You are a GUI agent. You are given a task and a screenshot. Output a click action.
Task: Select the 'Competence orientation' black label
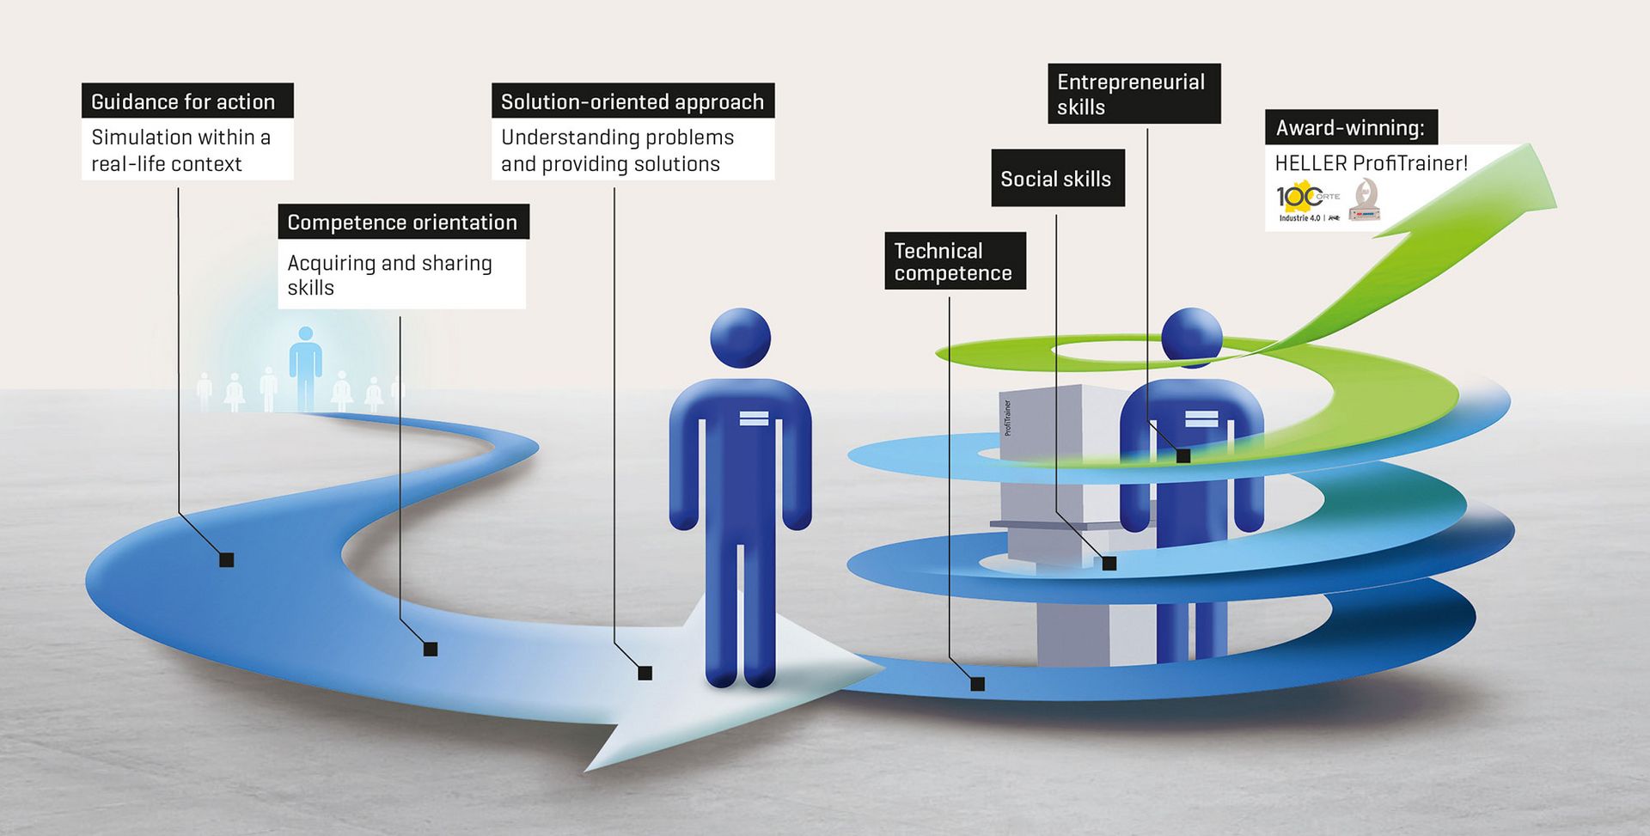[x=403, y=222]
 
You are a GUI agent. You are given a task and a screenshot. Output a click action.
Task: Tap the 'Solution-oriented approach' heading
[x=632, y=101]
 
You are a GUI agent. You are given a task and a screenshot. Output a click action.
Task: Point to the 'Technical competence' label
[x=955, y=261]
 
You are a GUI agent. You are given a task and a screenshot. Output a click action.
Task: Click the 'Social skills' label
[x=1057, y=179]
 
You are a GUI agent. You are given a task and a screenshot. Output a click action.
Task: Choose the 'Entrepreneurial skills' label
[x=1134, y=94]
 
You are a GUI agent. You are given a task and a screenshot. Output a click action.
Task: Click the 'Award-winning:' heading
[x=1350, y=128]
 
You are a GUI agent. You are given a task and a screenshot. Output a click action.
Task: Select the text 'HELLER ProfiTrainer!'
[x=1371, y=163]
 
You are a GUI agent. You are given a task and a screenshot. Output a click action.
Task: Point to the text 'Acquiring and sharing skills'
[x=390, y=275]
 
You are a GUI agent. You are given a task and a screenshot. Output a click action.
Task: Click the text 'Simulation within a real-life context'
[x=181, y=150]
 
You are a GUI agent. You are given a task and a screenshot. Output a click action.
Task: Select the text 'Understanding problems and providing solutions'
[x=617, y=150]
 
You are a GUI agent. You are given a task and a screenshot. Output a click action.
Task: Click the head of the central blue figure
[x=740, y=338]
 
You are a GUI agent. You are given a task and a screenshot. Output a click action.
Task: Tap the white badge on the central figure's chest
[x=754, y=418]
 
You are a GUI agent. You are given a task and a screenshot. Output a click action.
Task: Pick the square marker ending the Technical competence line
[x=977, y=684]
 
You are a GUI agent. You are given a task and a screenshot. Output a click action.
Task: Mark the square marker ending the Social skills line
[x=1109, y=564]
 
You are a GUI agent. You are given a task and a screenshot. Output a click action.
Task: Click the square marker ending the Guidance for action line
[x=227, y=560]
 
